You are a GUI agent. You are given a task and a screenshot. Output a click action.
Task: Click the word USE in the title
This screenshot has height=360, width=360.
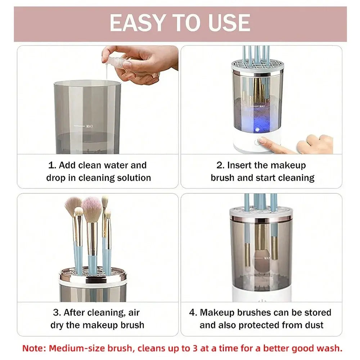click(228, 23)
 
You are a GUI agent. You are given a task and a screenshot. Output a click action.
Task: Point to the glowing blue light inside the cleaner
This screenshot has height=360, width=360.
click(258, 129)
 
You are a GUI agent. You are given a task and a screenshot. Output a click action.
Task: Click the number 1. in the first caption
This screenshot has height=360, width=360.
click(52, 165)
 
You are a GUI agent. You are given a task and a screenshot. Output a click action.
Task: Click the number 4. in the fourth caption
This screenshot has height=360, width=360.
click(193, 312)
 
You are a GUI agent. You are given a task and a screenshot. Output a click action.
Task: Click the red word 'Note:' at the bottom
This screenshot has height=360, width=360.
click(34, 348)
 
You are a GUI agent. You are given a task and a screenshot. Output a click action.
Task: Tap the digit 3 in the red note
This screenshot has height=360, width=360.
click(218, 348)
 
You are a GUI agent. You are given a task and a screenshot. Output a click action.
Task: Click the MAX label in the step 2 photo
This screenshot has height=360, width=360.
click(262, 106)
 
